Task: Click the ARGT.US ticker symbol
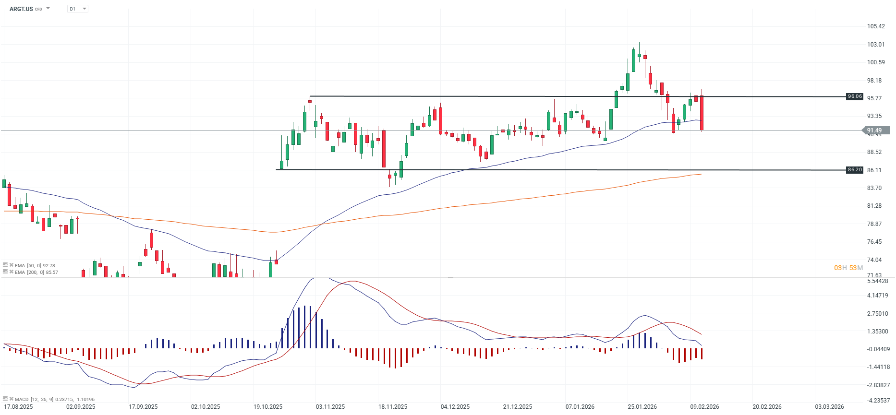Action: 21,9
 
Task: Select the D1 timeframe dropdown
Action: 77,9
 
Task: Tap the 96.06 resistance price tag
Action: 855,96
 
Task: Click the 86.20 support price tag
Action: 855,170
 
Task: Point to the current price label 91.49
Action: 874,130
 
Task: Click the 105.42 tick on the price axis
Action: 876,26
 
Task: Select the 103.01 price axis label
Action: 876,45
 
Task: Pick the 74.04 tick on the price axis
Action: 874,260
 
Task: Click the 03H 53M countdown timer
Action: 848,268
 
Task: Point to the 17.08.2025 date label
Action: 18,407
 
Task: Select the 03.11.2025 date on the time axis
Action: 330,407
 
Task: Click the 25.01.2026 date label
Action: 642,407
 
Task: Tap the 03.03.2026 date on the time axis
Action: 829,407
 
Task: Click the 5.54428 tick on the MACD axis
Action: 878,281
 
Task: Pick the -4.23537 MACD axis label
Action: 878,401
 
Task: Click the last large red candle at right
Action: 702,113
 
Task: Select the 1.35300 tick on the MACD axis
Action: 878,332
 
